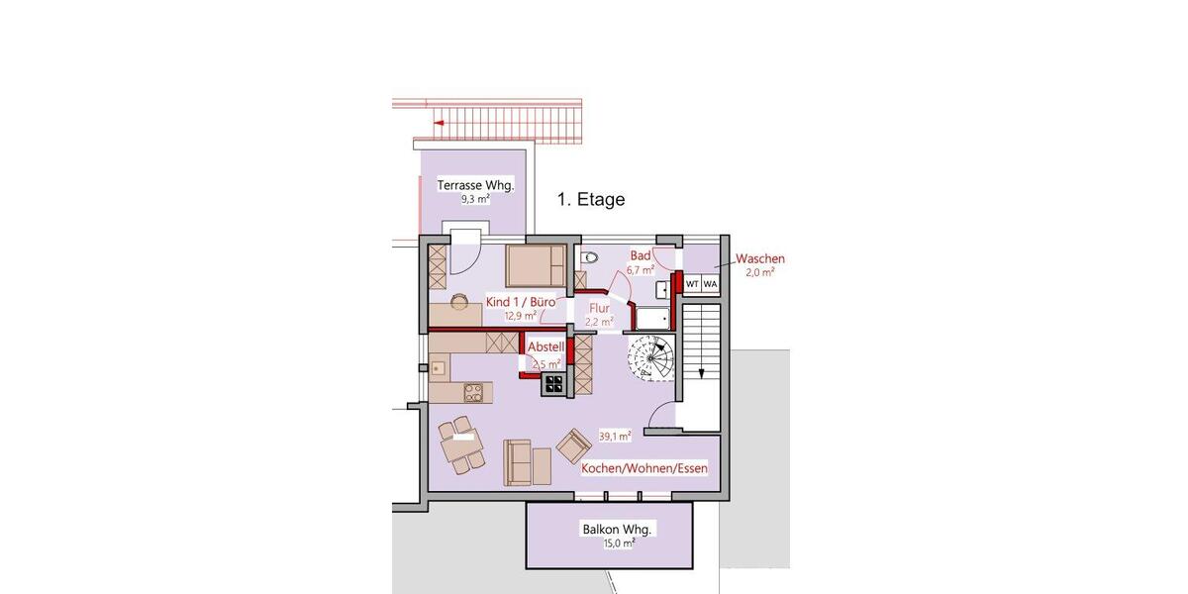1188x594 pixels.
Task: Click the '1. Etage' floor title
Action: (x=591, y=200)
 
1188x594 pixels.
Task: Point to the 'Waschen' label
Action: (x=760, y=259)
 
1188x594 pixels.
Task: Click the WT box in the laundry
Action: (x=692, y=284)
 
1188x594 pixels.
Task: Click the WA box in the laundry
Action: (x=710, y=284)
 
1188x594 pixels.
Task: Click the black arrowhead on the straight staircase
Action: (x=701, y=374)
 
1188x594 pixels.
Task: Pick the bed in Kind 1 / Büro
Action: (x=536, y=265)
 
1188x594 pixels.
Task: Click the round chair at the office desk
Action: (x=460, y=300)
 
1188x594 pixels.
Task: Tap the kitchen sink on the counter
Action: (x=438, y=367)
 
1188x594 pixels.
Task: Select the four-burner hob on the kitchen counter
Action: (x=473, y=391)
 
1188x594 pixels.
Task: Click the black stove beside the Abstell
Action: (x=552, y=385)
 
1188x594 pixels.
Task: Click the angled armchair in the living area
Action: (x=573, y=447)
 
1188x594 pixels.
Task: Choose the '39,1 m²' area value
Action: (x=615, y=435)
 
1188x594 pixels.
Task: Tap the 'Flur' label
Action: (x=600, y=308)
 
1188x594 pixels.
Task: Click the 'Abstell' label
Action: (x=545, y=347)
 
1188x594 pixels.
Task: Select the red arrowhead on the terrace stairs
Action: (x=438, y=124)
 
